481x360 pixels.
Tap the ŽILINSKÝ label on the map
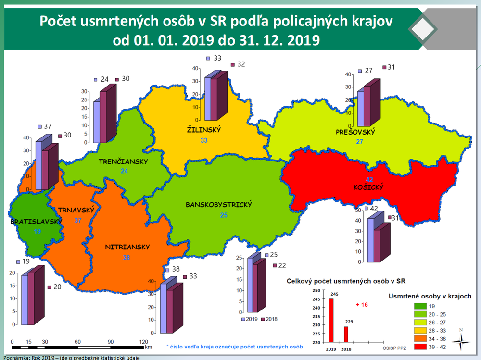(x=203, y=130)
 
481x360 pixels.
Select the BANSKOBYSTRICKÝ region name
(x=219, y=205)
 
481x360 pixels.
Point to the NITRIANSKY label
(x=127, y=248)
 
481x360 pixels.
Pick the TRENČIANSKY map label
(x=123, y=161)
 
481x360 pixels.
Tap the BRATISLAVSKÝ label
(x=37, y=222)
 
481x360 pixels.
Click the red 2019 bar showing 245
(x=330, y=321)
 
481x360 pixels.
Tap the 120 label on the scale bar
(x=144, y=341)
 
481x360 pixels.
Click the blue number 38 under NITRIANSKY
(x=127, y=258)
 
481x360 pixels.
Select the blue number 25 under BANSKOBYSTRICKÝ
(x=224, y=215)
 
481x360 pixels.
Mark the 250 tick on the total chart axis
(x=316, y=290)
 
